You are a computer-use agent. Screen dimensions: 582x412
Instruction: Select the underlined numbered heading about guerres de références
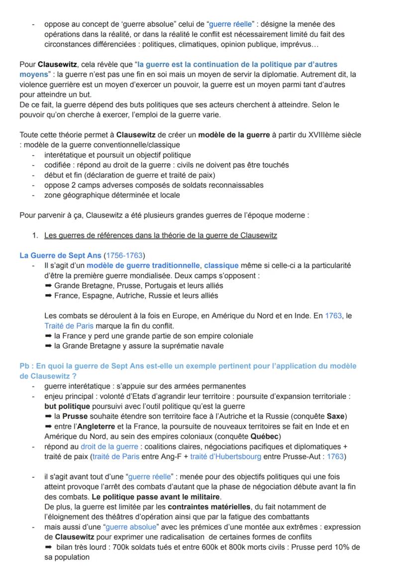click(160, 235)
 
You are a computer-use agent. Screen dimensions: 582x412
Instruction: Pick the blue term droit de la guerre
click(109, 447)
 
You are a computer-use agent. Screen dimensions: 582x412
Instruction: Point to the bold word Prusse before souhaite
click(75, 416)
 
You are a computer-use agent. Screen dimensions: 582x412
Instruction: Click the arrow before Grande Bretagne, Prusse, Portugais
click(48, 286)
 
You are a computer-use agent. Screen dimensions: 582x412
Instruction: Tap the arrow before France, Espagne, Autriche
click(48, 296)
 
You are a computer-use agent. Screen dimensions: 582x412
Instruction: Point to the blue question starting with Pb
click(188, 371)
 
